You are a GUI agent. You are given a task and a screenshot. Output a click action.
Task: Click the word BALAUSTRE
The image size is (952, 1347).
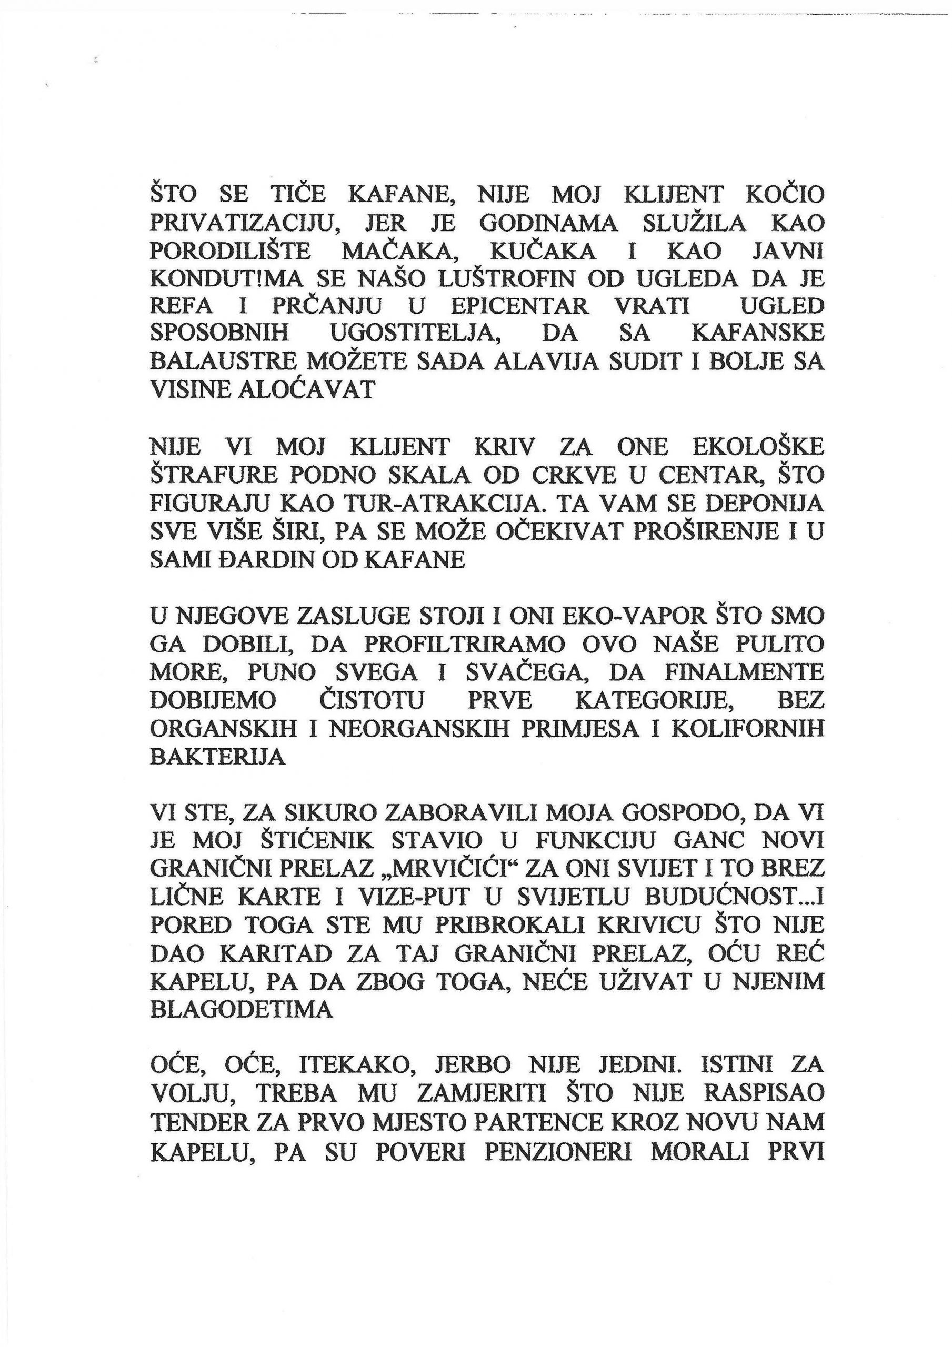[x=223, y=362]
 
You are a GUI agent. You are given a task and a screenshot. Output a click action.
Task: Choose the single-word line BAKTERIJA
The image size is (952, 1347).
[x=218, y=757]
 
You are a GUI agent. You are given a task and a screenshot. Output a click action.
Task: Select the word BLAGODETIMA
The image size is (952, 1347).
[x=241, y=1010]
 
